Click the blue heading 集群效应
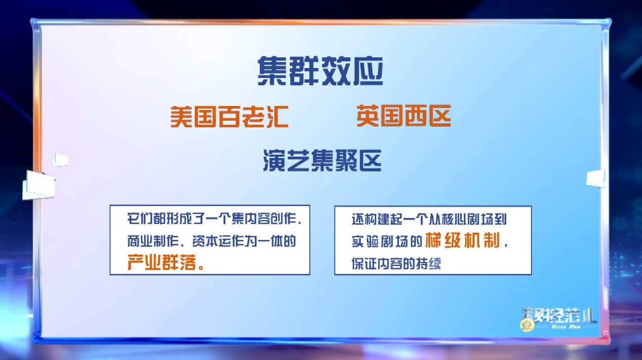click(x=320, y=71)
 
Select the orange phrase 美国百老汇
click(x=229, y=117)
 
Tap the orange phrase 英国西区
click(x=404, y=116)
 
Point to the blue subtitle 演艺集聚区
click(x=322, y=161)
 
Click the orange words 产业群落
click(x=162, y=262)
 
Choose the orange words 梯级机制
click(x=463, y=240)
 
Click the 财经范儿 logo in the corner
click(x=559, y=319)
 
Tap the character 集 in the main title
click(x=272, y=71)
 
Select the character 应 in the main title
click(x=368, y=71)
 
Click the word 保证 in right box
click(x=363, y=263)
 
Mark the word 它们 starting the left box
click(x=138, y=220)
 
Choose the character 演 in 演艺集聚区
click(x=274, y=161)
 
